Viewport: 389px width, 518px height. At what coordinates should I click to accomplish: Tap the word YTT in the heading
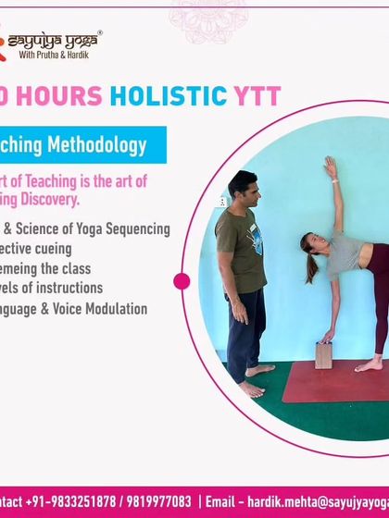255,95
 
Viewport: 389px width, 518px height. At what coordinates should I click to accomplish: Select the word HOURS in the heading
64,95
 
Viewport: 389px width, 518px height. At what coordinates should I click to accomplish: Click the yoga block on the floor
323,354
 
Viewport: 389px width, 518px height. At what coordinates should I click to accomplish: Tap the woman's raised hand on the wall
329,166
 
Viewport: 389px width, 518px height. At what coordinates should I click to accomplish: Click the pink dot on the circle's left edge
182,281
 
